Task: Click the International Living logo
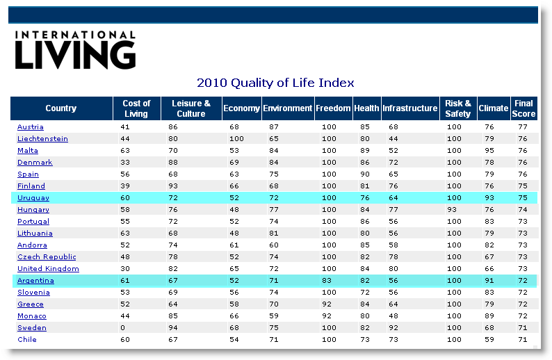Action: [75, 49]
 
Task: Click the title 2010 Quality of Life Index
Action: [275, 83]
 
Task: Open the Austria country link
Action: [31, 127]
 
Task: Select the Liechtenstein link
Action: [42, 139]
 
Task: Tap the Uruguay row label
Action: [33, 198]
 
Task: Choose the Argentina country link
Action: [35, 281]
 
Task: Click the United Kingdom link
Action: [48, 269]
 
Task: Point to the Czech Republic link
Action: [47, 257]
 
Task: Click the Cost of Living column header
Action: [136, 108]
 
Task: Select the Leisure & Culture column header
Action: [190, 108]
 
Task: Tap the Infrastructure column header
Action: [410, 108]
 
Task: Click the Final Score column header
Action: [523, 108]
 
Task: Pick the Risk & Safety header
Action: [458, 108]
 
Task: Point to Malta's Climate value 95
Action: [489, 151]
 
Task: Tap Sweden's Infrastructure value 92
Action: [393, 328]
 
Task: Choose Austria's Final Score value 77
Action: [523, 127]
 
